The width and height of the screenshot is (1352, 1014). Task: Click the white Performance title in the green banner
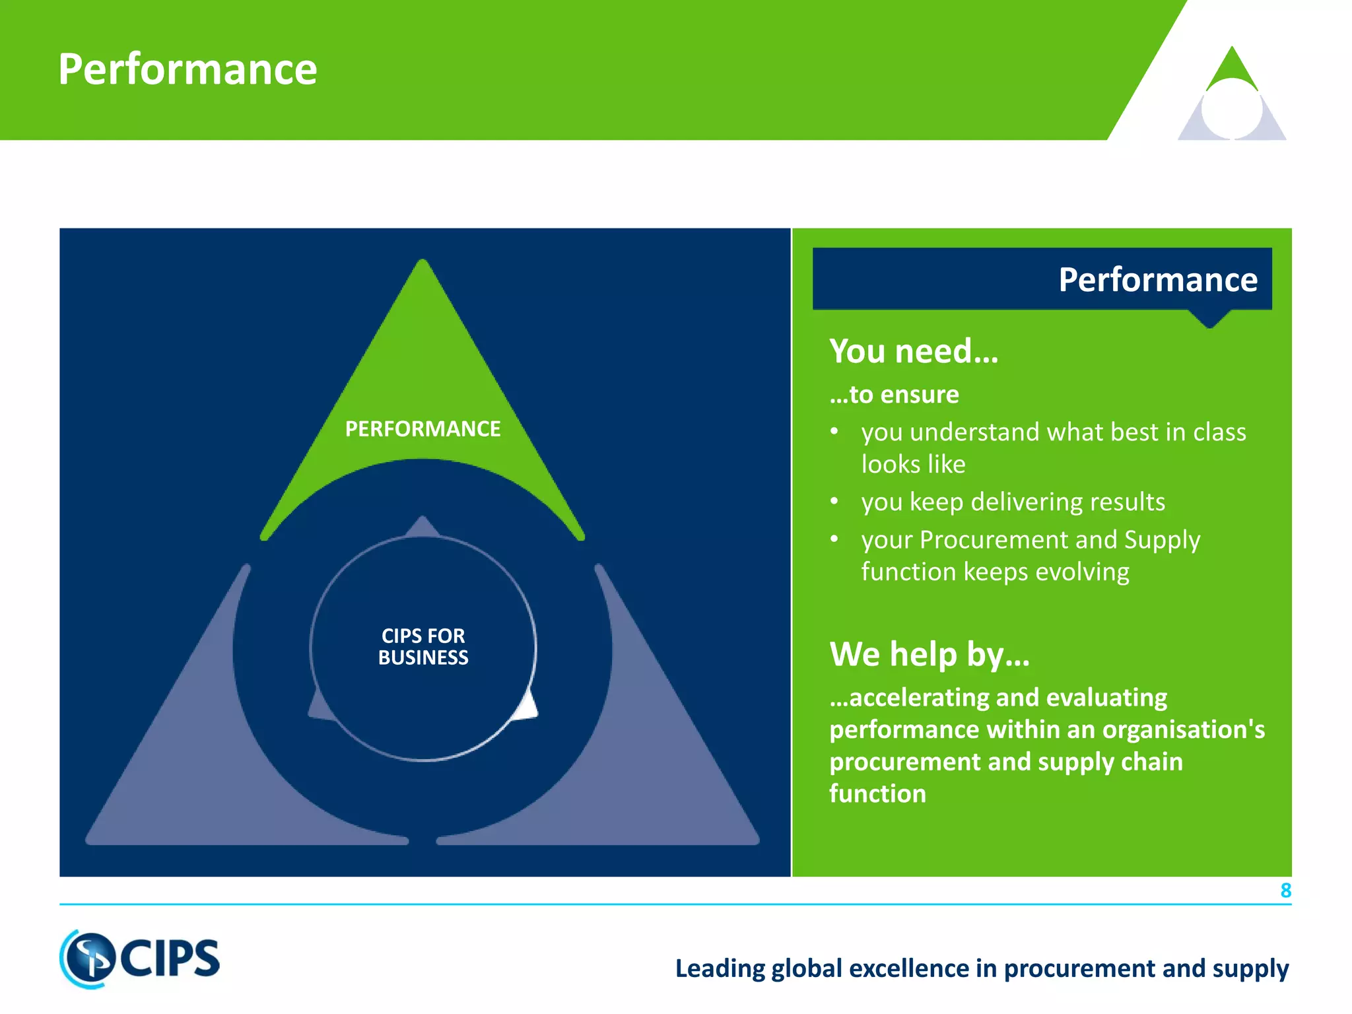(x=187, y=69)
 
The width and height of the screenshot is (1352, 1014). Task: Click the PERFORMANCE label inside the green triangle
(x=422, y=429)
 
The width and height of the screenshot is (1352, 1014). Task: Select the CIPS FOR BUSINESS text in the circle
(x=423, y=646)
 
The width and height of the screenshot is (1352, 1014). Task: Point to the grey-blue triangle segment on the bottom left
(x=198, y=759)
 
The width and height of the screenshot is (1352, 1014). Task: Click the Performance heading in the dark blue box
(x=1157, y=279)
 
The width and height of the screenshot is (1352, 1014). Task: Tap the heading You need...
(x=914, y=351)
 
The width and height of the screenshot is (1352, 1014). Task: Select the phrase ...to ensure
(x=894, y=394)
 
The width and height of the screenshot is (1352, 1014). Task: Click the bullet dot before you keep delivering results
(x=834, y=502)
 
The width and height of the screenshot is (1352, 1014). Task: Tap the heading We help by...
(x=929, y=654)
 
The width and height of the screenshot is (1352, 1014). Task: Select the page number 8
(x=1285, y=891)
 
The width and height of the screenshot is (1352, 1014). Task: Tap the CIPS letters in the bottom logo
(x=170, y=959)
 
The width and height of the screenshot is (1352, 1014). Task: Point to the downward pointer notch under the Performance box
(x=1209, y=320)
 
